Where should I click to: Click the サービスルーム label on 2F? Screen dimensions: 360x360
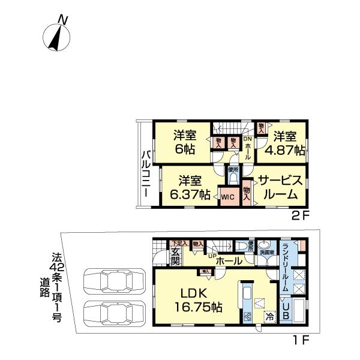point(280,187)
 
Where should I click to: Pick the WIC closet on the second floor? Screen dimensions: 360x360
point(226,196)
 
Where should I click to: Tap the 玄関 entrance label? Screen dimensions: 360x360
point(175,256)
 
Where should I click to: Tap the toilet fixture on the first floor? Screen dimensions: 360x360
point(242,247)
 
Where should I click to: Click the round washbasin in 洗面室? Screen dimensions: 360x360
point(264,247)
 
